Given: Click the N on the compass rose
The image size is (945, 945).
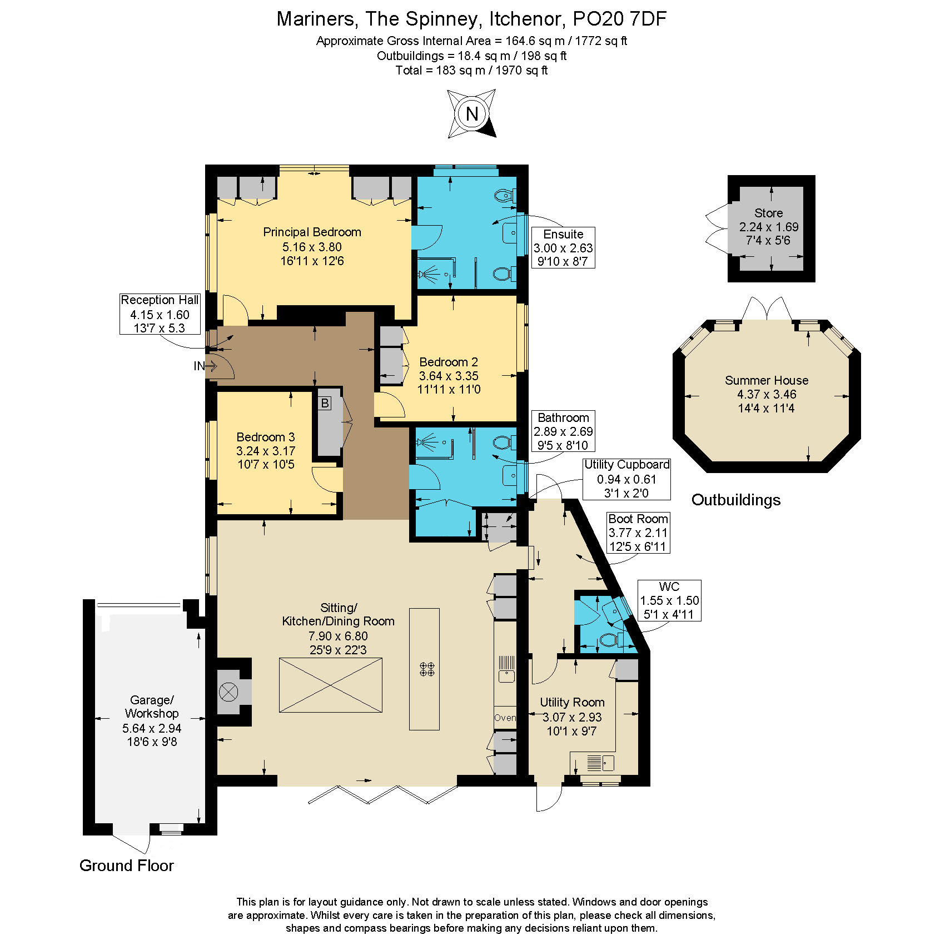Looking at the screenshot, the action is tap(472, 114).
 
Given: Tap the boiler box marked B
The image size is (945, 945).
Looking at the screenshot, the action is tap(325, 403).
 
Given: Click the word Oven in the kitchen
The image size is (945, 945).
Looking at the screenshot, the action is tap(505, 718).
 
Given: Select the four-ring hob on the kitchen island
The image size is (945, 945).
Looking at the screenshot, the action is tap(427, 669).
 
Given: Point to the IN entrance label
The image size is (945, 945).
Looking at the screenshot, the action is tap(199, 366).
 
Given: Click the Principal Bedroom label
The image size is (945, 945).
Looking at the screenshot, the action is tap(312, 232).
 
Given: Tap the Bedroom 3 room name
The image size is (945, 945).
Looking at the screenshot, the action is tap(266, 437).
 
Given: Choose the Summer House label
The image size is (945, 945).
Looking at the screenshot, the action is tap(767, 380).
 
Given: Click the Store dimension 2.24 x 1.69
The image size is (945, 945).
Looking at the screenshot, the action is tap(769, 227).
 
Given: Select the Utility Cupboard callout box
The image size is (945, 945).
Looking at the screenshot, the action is tap(626, 479).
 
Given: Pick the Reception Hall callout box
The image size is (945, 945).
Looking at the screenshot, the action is tap(160, 314).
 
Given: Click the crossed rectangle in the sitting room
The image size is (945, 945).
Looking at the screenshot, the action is tap(331, 685).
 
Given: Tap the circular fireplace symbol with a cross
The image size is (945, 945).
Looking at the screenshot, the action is tap(228, 692).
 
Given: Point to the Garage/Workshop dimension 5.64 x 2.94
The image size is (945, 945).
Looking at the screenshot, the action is tap(152, 728).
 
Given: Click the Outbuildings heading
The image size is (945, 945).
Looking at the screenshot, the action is tap(736, 500).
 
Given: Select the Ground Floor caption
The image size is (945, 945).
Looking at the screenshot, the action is tap(127, 866).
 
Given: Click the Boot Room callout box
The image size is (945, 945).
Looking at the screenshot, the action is tap(638, 533).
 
